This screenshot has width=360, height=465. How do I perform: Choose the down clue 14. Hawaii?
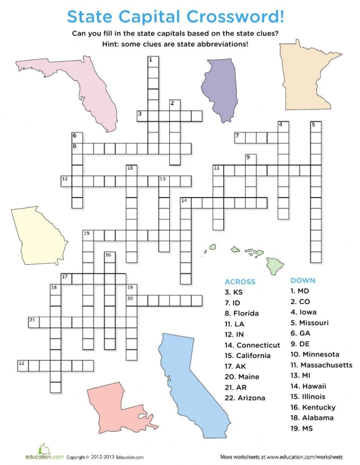pyautogui.click(x=309, y=386)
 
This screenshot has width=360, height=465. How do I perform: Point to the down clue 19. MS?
pyautogui.click(x=302, y=428)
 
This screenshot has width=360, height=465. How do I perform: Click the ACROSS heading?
pyautogui.click(x=240, y=281)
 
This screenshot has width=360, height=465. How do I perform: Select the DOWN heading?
pyautogui.click(x=303, y=280)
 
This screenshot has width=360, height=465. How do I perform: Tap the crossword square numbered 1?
pyautogui.click(x=153, y=62)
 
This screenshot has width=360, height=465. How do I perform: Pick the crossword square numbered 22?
pyautogui.click(x=23, y=365)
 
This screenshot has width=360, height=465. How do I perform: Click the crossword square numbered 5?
pyautogui.click(x=316, y=127)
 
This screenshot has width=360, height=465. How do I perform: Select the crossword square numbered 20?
pyautogui.click(x=132, y=300)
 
